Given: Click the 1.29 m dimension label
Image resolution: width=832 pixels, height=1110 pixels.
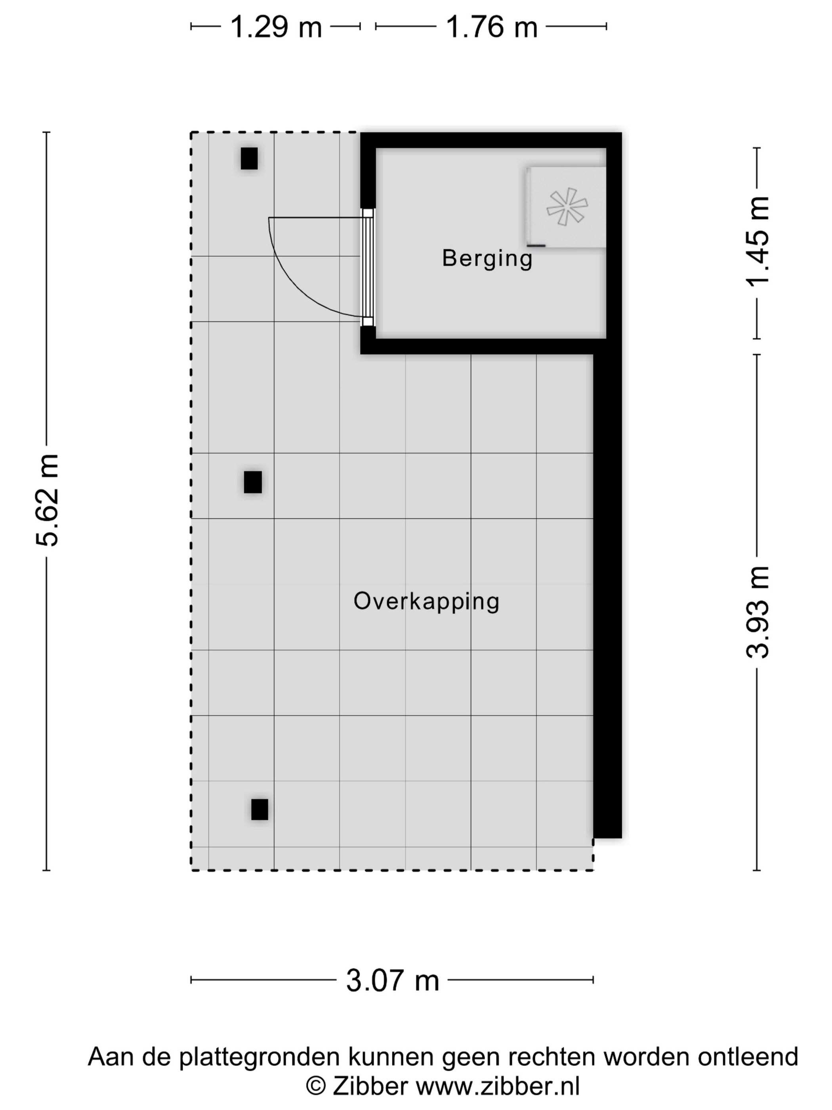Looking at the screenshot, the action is pyautogui.click(x=275, y=27).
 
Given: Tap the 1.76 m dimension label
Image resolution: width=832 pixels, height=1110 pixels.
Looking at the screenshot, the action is pyautogui.click(x=492, y=27).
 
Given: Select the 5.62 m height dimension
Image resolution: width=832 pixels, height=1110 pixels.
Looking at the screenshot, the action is pyautogui.click(x=48, y=500).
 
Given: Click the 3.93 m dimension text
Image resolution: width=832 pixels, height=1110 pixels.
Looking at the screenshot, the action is pyautogui.click(x=757, y=612).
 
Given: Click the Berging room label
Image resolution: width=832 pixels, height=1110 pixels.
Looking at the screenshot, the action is pyautogui.click(x=487, y=258).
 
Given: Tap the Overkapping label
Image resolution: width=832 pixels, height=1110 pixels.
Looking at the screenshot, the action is pyautogui.click(x=426, y=601).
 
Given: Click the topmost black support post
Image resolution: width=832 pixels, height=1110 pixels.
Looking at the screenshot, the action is pyautogui.click(x=249, y=159).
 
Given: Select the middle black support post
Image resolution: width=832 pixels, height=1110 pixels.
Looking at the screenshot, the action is pyautogui.click(x=253, y=482).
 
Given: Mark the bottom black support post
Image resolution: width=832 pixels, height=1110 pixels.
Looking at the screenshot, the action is pyautogui.click(x=260, y=810).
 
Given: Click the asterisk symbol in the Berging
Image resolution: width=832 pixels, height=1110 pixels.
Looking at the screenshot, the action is pyautogui.click(x=567, y=206).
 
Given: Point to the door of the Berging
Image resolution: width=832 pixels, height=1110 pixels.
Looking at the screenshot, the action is pyautogui.click(x=368, y=268).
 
